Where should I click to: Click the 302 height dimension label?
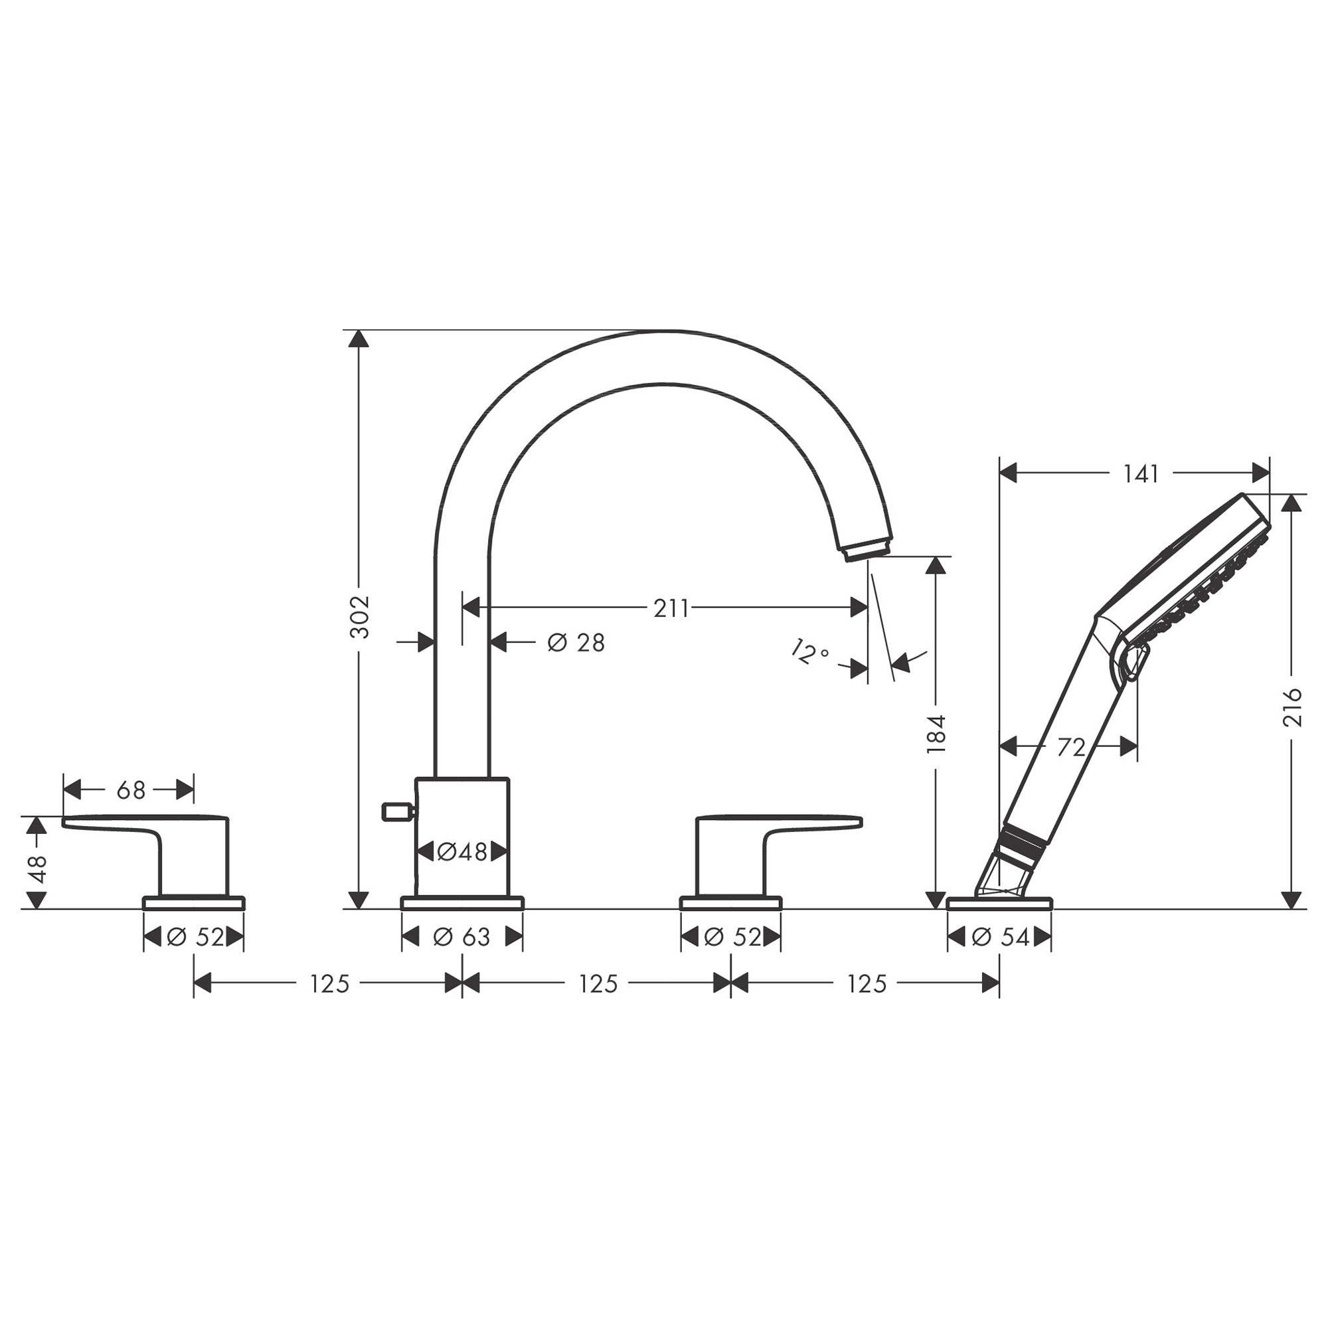click(359, 617)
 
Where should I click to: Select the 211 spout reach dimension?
click(670, 608)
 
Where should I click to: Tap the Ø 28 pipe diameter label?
click(576, 643)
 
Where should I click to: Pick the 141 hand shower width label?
click(1141, 473)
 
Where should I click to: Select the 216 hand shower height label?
click(1293, 707)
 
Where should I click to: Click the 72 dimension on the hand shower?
click(1070, 747)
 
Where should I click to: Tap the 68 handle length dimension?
click(131, 790)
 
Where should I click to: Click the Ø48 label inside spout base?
click(462, 853)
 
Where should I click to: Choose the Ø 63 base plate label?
click(462, 937)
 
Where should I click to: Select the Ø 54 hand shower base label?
click(1000, 937)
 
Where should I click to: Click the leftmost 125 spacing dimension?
click(330, 984)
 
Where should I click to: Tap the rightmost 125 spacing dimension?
click(867, 984)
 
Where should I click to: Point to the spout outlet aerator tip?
click(867, 550)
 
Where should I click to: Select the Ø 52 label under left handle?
click(195, 937)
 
